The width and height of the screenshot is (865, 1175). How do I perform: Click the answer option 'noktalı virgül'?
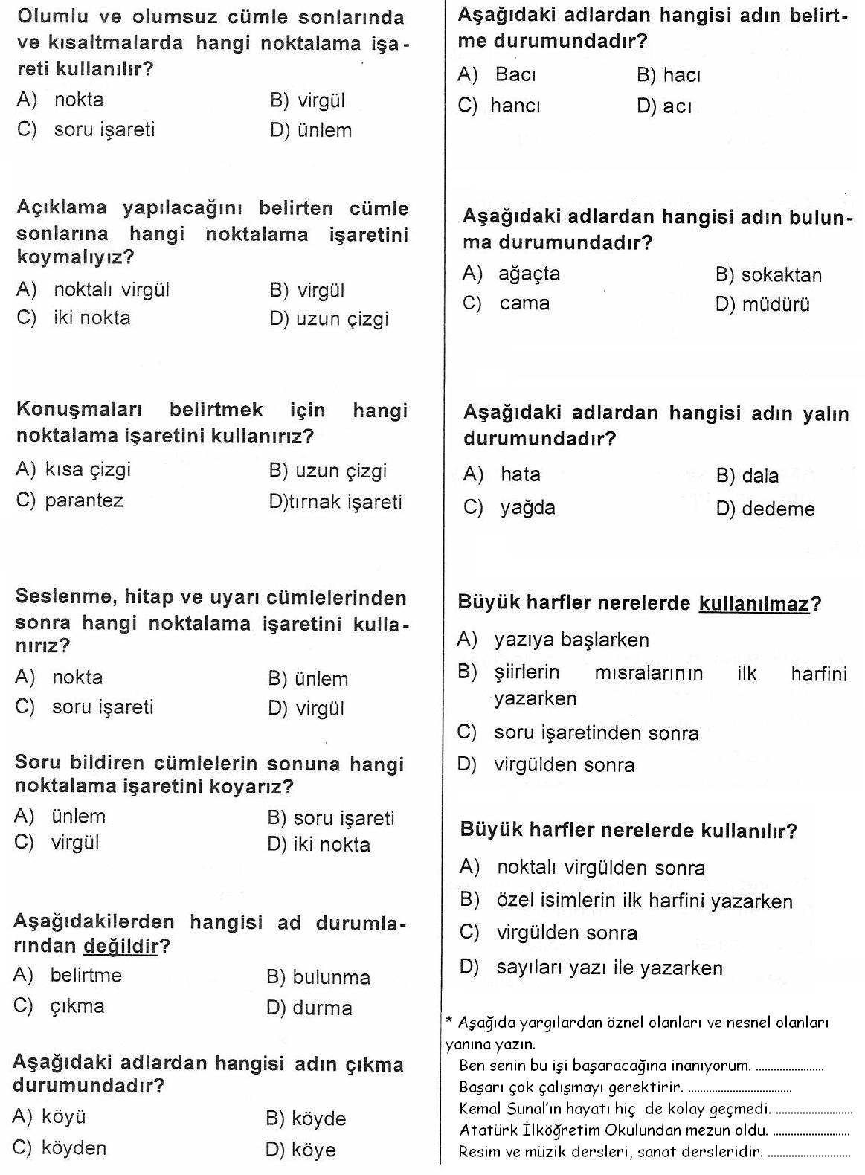[112, 289]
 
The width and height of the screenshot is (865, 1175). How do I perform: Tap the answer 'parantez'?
[84, 500]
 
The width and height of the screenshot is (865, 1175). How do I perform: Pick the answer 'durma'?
[322, 1008]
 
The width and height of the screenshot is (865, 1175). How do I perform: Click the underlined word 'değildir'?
[121, 946]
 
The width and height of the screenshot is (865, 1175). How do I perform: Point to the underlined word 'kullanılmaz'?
[753, 603]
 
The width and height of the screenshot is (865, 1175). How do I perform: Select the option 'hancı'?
[515, 106]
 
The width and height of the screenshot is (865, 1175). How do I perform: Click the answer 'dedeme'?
[778, 509]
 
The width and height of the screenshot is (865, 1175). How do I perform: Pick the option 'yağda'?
[528, 508]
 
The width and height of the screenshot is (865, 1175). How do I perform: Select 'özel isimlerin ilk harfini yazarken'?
[644, 901]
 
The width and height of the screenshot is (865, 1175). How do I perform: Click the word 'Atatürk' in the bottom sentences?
[484, 1130]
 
